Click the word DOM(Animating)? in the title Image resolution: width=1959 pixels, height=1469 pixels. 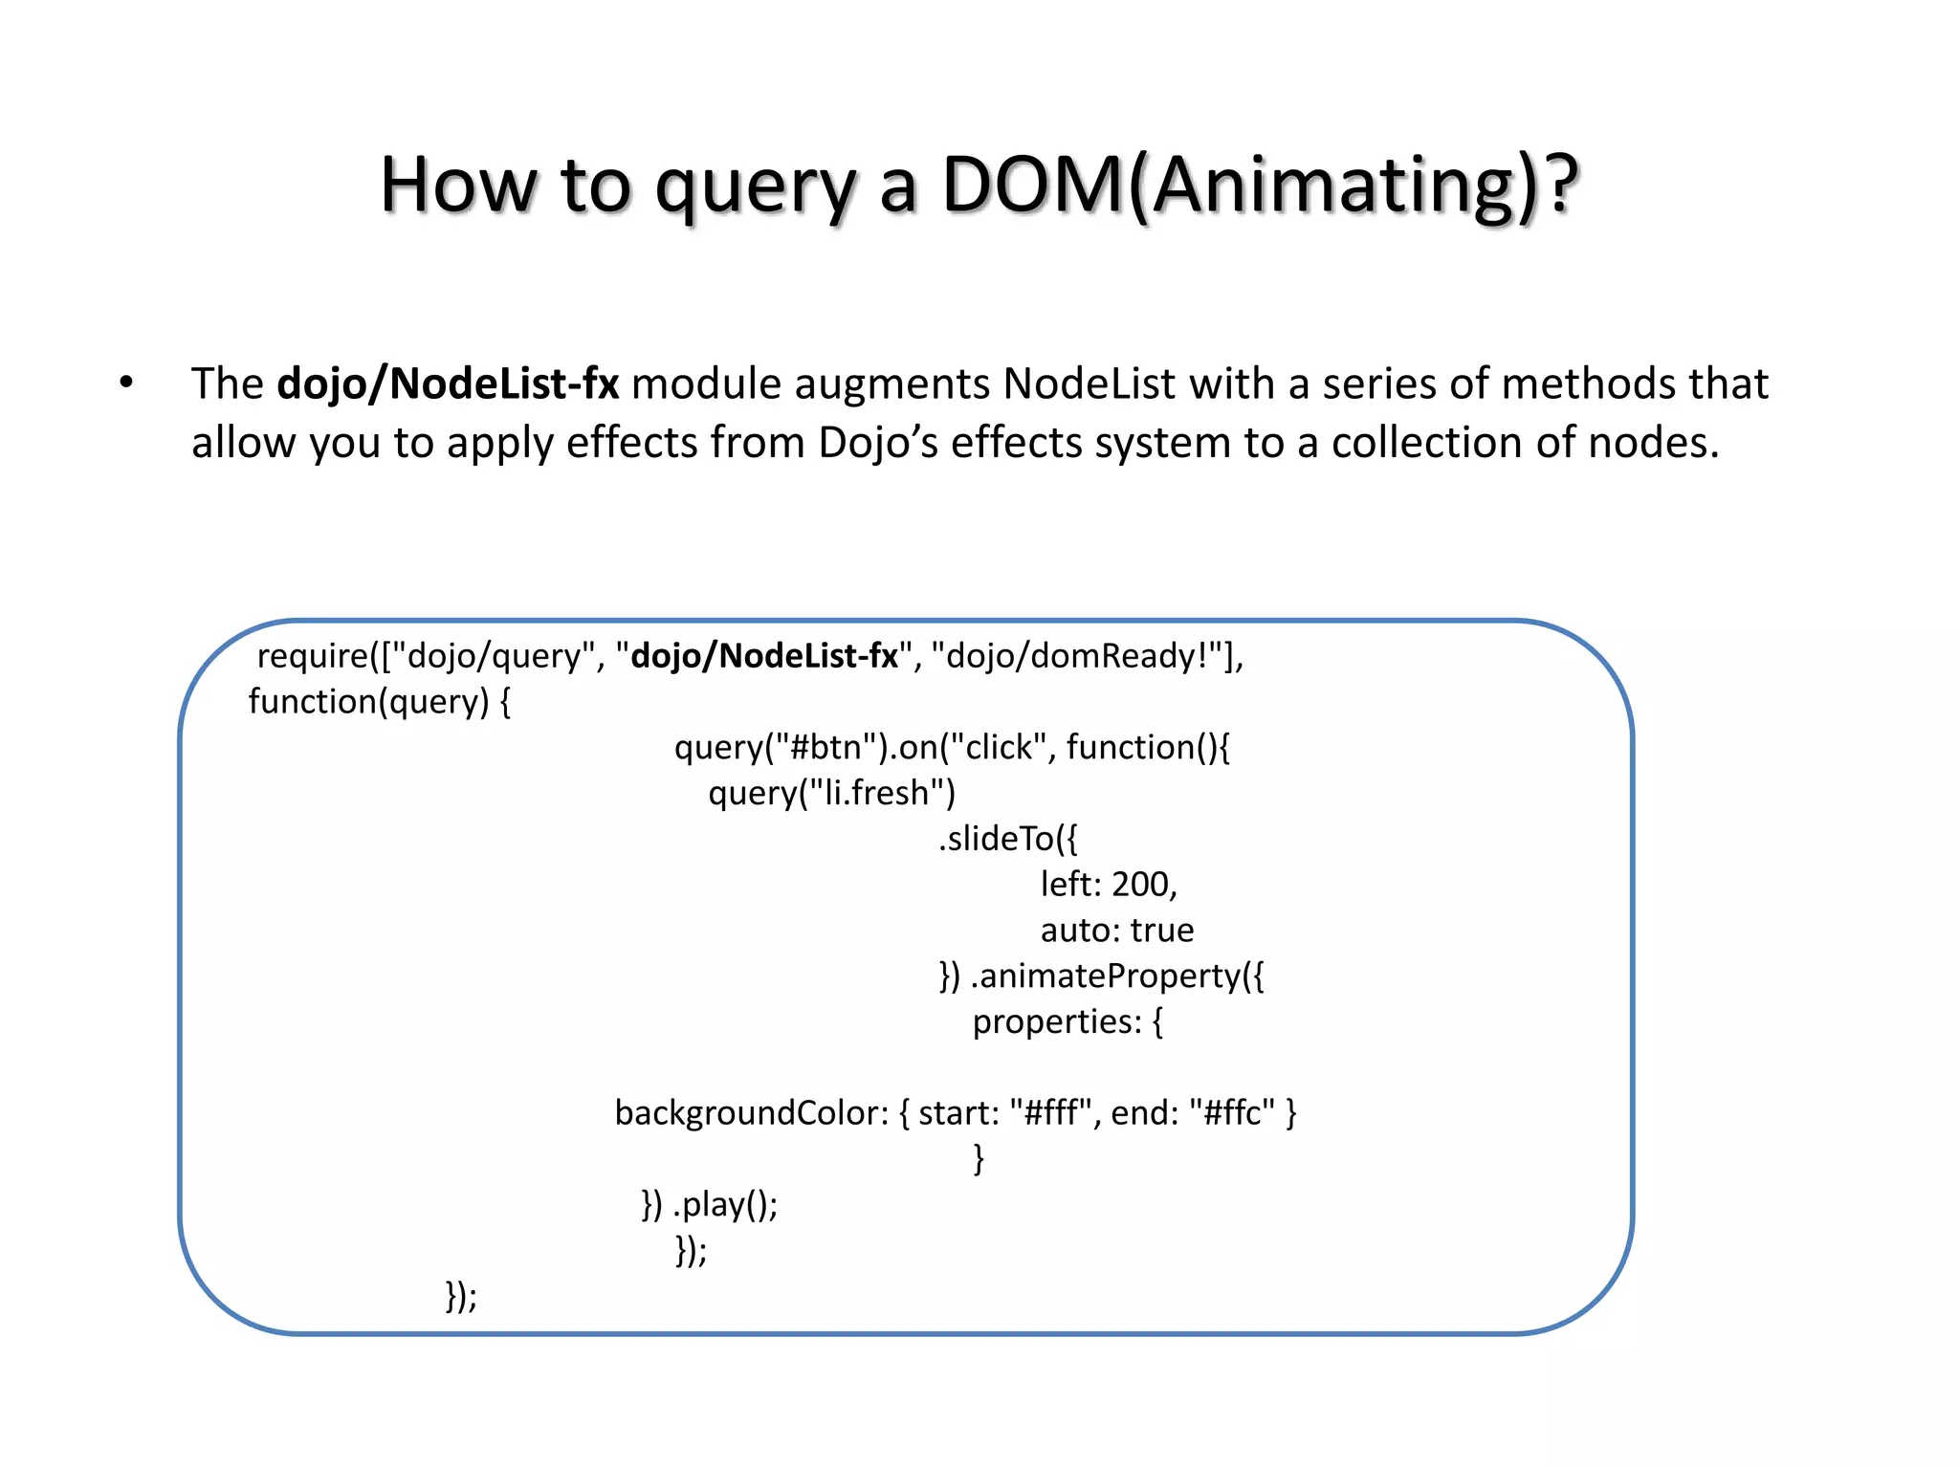coord(1259,185)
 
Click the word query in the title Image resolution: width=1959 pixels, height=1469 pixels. coord(756,185)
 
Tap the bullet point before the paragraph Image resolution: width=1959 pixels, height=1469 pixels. coord(126,384)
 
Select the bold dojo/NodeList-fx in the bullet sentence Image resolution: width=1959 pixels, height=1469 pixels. coord(448,384)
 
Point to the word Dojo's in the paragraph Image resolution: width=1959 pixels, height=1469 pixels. coord(877,443)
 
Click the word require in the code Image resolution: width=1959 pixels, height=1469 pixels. coord(312,656)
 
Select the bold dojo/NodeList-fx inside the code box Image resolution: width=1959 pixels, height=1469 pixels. coord(764,656)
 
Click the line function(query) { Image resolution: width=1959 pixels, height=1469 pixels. coord(380,702)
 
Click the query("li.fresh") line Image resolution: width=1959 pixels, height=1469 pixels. coord(831,793)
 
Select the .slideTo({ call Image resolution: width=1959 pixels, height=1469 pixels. coord(1007,839)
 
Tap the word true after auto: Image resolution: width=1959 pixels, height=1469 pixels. coord(1161,931)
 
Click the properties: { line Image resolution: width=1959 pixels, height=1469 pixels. coord(1068,1022)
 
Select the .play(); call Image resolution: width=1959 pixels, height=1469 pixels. coord(725,1205)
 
